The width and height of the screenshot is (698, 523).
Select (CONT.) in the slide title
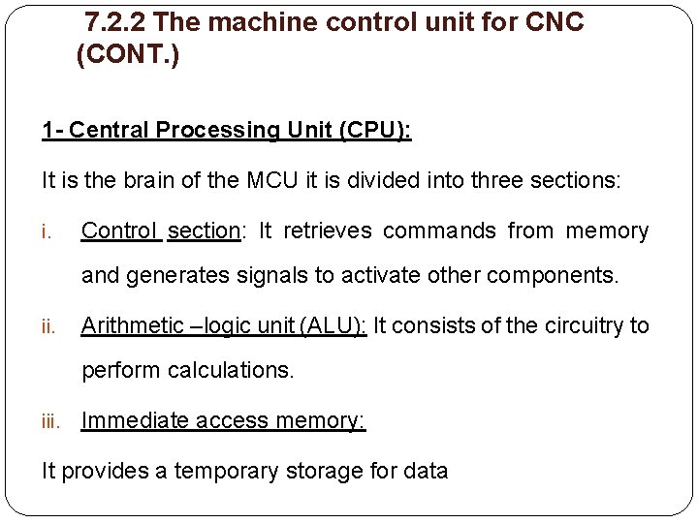[127, 55]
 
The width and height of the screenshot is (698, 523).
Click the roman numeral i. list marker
[47, 232]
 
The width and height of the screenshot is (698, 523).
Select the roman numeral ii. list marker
[48, 327]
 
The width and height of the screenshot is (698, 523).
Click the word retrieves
[328, 231]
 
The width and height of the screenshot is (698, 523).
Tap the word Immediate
[135, 420]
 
